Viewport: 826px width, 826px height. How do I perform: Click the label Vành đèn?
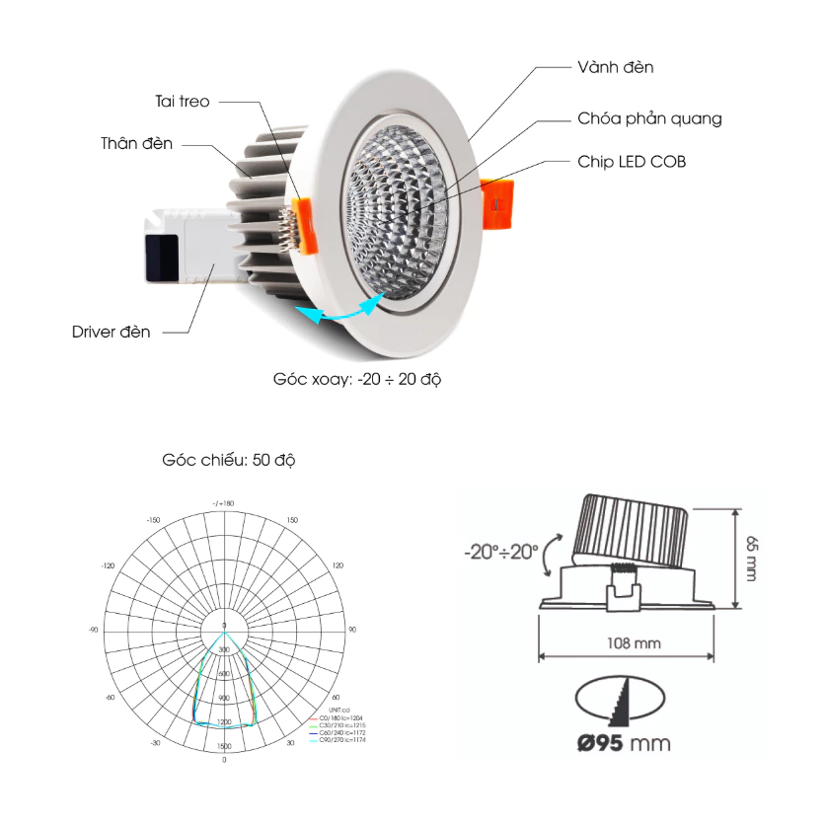tap(615, 68)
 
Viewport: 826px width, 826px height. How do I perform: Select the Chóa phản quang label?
tap(649, 119)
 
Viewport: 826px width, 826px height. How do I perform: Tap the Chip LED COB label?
tap(632, 161)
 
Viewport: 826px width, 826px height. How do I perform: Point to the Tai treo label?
tap(183, 101)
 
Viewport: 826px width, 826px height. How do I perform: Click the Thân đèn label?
tap(136, 144)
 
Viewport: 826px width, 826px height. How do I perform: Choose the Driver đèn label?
tap(112, 332)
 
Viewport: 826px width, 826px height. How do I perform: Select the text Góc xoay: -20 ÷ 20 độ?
tap(356, 379)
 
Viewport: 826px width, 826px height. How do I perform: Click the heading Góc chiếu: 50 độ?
tap(228, 461)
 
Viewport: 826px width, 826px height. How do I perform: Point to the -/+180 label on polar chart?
tap(223, 504)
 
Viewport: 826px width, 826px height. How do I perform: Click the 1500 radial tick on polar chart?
tap(224, 747)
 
